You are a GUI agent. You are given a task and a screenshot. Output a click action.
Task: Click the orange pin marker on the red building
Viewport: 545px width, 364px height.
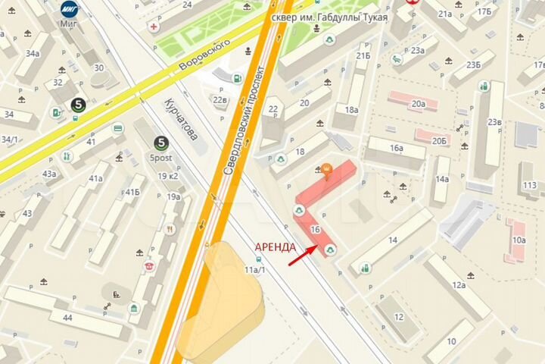click(327, 171)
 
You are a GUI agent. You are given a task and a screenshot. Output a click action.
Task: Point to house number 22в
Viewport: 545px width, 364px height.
click(220, 99)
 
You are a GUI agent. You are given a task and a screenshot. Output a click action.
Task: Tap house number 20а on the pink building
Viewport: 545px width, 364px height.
click(418, 103)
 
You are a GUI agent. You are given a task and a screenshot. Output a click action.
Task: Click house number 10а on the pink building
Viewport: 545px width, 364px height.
click(519, 240)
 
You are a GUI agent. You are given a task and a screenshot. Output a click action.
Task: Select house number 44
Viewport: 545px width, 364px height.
click(67, 317)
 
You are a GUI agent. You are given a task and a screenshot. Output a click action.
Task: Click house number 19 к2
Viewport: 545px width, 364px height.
click(167, 176)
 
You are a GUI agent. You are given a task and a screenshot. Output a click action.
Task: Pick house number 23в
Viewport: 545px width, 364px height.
click(494, 122)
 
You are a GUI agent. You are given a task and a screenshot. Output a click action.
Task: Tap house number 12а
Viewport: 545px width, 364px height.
click(459, 285)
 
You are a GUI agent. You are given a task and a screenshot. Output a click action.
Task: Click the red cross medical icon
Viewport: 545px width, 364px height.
click(154, 27)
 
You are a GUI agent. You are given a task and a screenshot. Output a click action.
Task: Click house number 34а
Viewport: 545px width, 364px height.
click(33, 54)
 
